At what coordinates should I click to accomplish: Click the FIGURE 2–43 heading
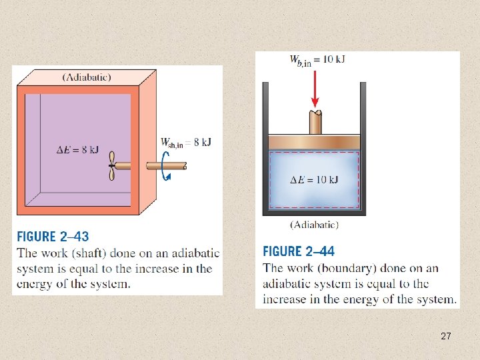pyautogui.click(x=53, y=236)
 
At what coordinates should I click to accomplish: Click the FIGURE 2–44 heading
pyautogui.click(x=299, y=251)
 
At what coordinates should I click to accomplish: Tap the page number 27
pyautogui.click(x=446, y=337)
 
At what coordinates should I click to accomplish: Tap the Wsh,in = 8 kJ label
pyautogui.click(x=185, y=142)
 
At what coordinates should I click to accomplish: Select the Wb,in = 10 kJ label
pyautogui.click(x=317, y=60)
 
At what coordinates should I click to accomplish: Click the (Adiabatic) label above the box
pyautogui.click(x=87, y=77)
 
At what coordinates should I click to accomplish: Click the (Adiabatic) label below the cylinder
pyautogui.click(x=314, y=225)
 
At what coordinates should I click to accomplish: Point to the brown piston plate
pyautogui.click(x=314, y=143)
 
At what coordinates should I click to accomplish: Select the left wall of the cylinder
pyautogui.click(x=265, y=147)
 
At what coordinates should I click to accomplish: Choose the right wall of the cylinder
pyautogui.click(x=363, y=147)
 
